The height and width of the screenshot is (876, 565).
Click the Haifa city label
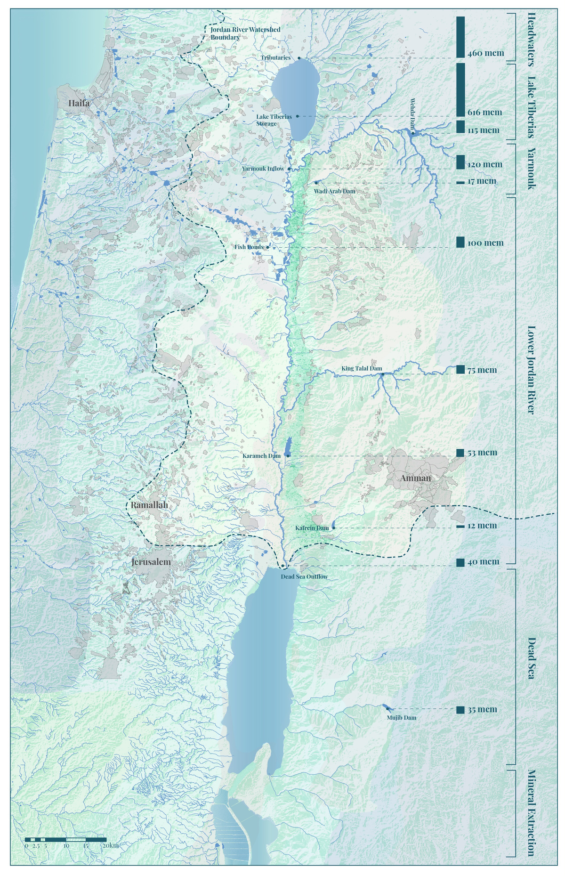[x=79, y=103]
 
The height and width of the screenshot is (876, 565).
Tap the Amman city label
[x=416, y=479]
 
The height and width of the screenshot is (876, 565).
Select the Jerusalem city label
[x=151, y=562]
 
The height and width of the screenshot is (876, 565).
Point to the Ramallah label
[x=149, y=505]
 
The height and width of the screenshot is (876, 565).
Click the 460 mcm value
[x=486, y=53]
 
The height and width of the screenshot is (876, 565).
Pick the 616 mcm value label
[x=484, y=113]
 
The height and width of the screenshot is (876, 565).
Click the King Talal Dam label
[x=362, y=368]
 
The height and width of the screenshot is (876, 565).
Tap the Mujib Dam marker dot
[x=387, y=709]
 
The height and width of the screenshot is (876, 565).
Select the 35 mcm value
[x=482, y=710]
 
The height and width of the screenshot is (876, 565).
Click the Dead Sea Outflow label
[x=304, y=576]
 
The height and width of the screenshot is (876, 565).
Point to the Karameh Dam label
[x=261, y=456]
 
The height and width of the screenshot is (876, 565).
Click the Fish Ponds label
[x=249, y=247]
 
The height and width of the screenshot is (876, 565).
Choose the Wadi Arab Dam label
[x=334, y=191]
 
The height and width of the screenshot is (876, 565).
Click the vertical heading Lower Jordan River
[x=531, y=370]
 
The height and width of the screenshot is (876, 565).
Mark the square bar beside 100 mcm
[x=460, y=243]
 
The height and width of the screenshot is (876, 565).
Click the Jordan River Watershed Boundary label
[x=245, y=33]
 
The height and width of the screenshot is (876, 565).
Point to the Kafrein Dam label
[x=312, y=528]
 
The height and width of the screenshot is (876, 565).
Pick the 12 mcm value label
[x=482, y=526]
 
